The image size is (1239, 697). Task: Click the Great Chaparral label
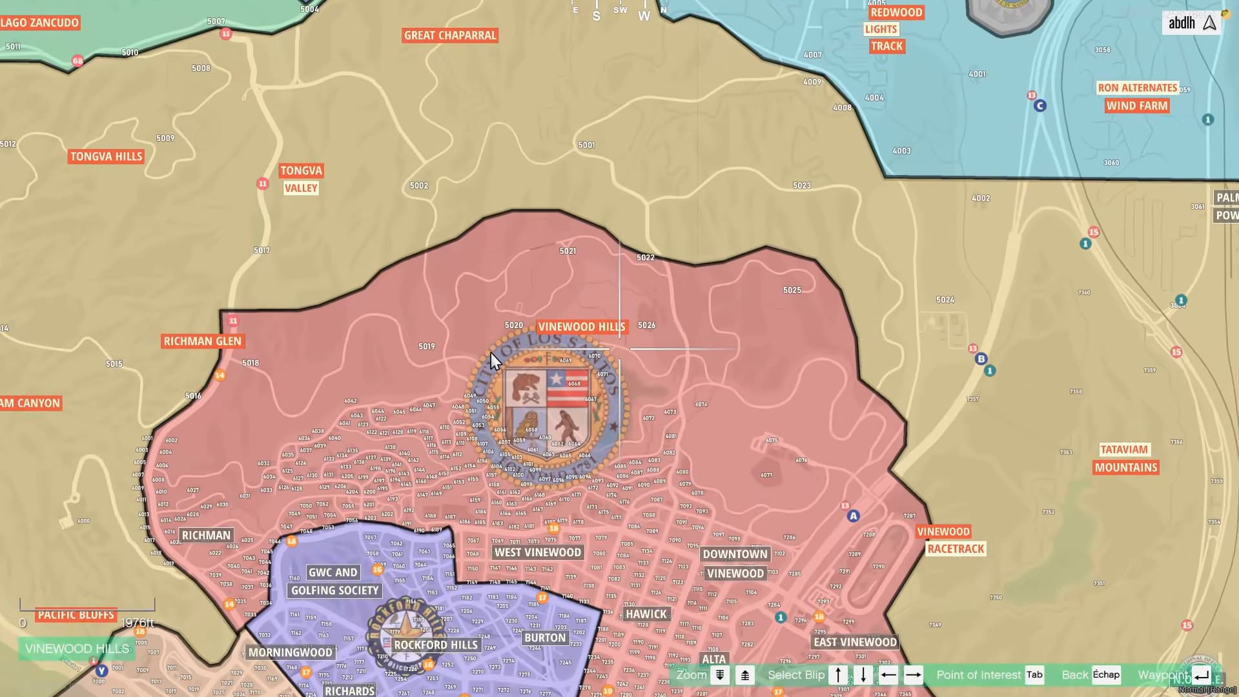click(x=450, y=36)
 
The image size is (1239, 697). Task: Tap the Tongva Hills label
click(x=107, y=156)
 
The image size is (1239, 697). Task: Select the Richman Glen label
click(x=202, y=341)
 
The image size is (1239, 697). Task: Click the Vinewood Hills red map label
click(x=581, y=327)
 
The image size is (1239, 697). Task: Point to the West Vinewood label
click(x=537, y=552)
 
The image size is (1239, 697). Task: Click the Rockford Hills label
click(x=436, y=645)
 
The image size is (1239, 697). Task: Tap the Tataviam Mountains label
click(x=1125, y=459)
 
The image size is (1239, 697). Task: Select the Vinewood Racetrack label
click(x=950, y=540)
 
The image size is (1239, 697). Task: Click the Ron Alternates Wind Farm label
click(x=1137, y=97)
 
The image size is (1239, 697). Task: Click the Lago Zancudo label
click(x=40, y=23)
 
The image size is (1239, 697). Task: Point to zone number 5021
click(x=568, y=251)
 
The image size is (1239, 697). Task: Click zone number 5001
click(x=586, y=145)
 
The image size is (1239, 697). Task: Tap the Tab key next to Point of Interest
click(x=1034, y=675)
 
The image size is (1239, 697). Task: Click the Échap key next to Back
click(x=1106, y=675)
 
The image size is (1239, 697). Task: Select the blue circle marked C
click(x=1039, y=106)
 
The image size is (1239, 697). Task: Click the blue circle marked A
click(x=854, y=516)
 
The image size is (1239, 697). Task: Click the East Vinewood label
click(x=855, y=642)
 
